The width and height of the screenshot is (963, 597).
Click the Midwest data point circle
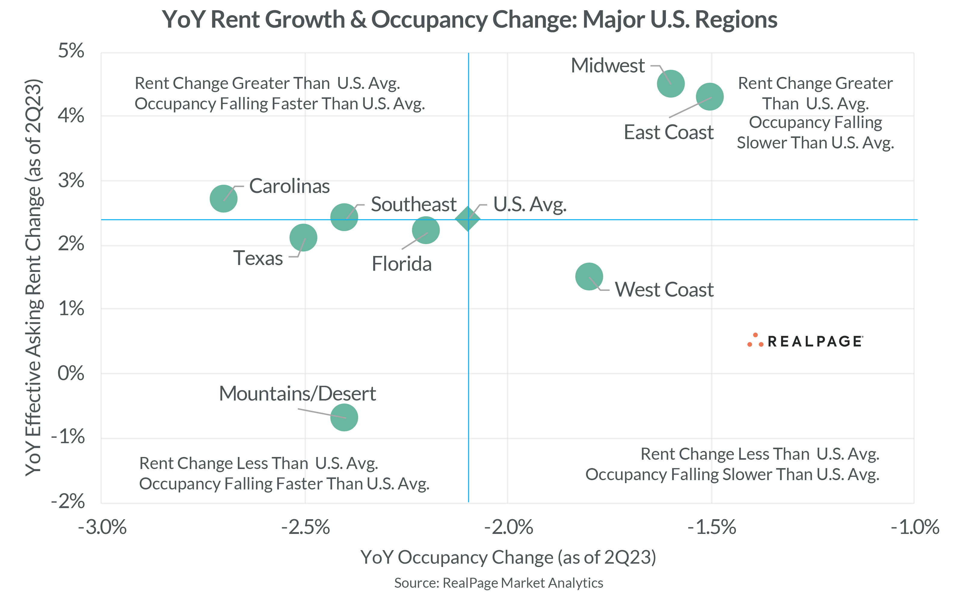coord(671,84)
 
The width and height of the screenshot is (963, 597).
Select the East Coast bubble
coord(710,97)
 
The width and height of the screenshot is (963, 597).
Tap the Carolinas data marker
coord(223,198)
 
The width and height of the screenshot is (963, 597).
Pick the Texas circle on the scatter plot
coord(303,237)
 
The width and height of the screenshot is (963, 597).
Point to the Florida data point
coord(426,230)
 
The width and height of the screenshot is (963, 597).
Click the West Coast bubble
coord(589,276)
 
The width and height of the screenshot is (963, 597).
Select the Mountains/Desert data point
coord(344,417)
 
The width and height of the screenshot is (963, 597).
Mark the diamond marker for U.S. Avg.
coord(468,218)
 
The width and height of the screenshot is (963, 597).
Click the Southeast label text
coord(413,205)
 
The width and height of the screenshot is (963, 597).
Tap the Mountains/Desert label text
coord(297,394)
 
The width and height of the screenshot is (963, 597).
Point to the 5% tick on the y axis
coord(71,51)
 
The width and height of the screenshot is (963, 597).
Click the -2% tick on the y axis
coord(68,501)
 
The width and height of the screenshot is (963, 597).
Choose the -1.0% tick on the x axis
coord(915,527)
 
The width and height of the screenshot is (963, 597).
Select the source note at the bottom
coord(499,583)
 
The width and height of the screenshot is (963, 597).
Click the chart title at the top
coord(469,20)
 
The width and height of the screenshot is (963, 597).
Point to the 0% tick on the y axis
coord(71,373)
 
